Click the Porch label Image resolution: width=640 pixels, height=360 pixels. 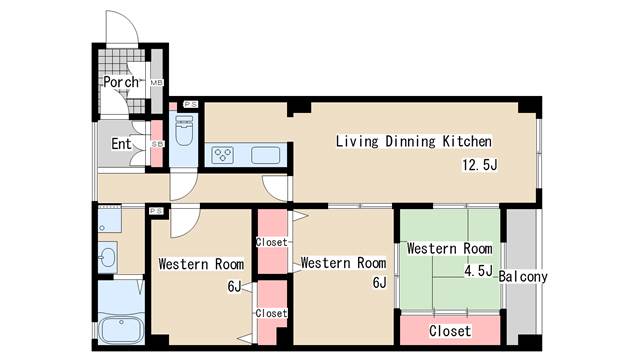click(x=121, y=82)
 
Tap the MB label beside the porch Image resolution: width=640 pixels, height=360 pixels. click(x=157, y=83)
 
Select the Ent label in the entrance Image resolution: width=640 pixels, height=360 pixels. click(x=121, y=144)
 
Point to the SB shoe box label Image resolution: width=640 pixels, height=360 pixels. click(x=157, y=144)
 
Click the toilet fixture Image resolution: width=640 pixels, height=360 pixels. click(x=184, y=130)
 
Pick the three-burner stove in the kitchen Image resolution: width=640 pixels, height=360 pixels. click(x=223, y=155)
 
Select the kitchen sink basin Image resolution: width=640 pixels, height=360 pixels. click(x=266, y=155)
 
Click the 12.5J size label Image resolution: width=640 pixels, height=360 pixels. click(x=480, y=165)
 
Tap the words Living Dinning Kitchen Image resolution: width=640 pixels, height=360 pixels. click(x=413, y=141)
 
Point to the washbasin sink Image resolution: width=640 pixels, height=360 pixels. click(x=108, y=258)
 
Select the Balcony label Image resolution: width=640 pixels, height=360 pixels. click(x=523, y=277)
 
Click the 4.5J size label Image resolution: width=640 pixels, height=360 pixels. click(x=478, y=271)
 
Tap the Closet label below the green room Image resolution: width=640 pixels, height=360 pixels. click(x=450, y=331)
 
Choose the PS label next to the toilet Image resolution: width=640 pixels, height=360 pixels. click(x=191, y=104)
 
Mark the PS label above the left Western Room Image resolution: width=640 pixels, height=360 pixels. click(x=156, y=211)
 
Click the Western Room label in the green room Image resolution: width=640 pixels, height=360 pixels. click(x=449, y=249)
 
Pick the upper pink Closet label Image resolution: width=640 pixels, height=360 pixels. click(x=272, y=242)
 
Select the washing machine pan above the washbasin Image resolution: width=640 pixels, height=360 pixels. click(x=110, y=220)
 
